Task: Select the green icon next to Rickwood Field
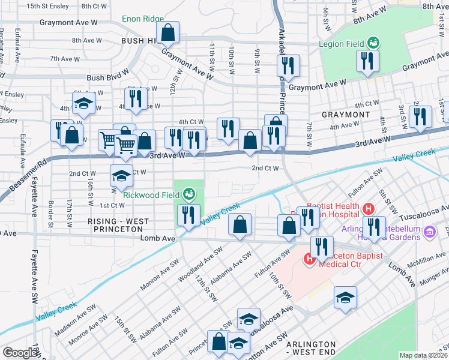189,193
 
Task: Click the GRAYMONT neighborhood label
345,114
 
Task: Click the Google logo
19,353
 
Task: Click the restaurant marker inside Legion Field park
366,61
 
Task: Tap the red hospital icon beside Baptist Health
369,209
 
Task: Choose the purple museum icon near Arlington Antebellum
429,232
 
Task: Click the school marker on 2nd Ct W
121,176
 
